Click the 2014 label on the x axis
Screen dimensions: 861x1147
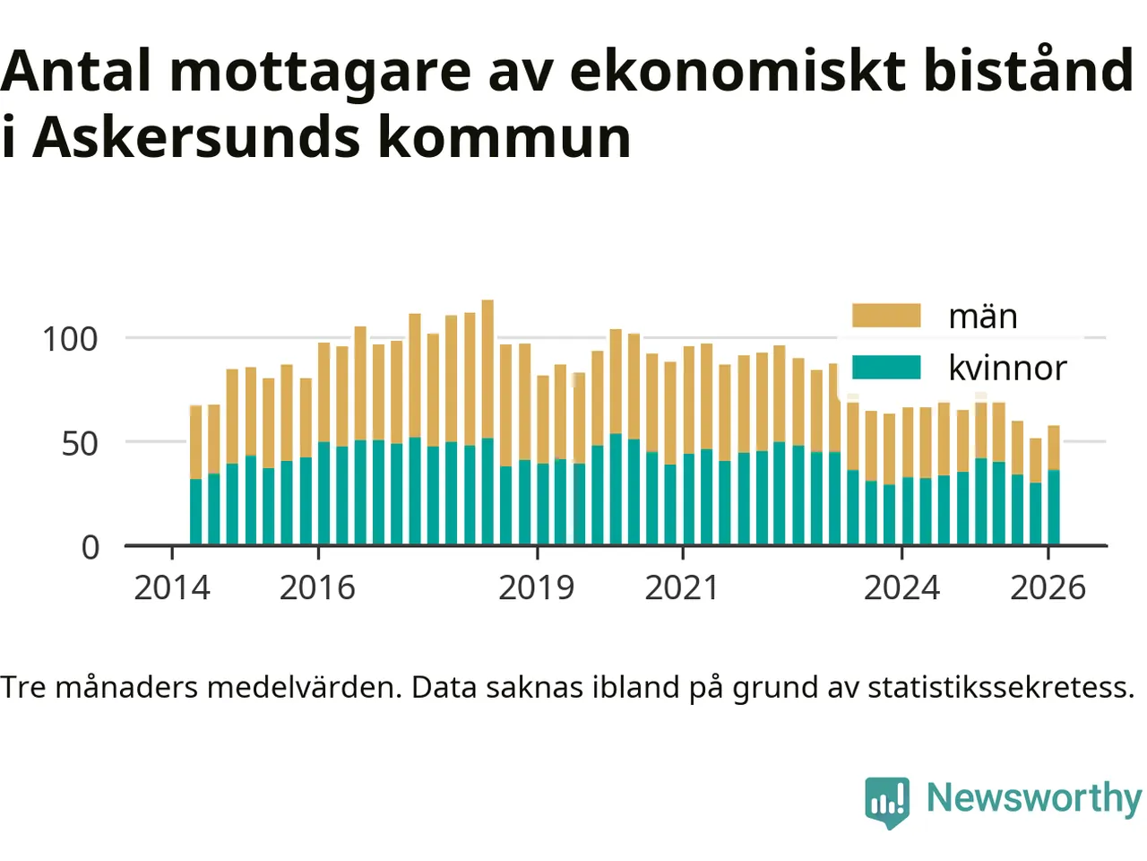pos(171,588)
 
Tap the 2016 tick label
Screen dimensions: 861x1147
pos(317,588)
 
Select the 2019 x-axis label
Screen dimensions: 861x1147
pos(536,588)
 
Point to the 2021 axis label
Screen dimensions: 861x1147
pos(682,588)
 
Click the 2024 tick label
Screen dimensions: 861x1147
pos(901,588)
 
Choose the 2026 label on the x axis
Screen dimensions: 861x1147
pos(1048,588)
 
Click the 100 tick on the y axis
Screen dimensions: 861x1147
pos(70,339)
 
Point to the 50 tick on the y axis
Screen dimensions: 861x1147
pos(80,443)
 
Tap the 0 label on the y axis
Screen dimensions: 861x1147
pos(91,547)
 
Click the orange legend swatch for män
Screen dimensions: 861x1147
pos(885,316)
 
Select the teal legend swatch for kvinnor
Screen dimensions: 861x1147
pos(885,368)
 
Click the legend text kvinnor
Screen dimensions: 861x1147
pos(1007,368)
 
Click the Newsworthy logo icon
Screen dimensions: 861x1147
pos(887,801)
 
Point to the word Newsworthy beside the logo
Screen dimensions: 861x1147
pos(1033,797)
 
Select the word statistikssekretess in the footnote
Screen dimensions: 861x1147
pos(1001,688)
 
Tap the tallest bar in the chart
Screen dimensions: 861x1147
pos(487,422)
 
